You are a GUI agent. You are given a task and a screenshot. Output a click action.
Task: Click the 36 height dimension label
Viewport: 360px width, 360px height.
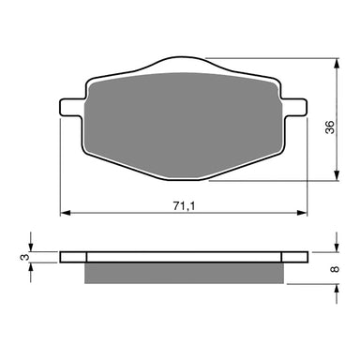(345, 127)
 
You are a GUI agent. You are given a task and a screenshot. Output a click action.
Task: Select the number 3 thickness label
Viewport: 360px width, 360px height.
(22, 256)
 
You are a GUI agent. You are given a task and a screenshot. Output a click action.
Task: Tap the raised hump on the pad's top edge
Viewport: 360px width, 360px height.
(184, 66)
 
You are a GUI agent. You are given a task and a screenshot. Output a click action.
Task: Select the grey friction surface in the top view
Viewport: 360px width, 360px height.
(184, 122)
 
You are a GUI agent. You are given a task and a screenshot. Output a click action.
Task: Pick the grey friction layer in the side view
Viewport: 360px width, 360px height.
(184, 272)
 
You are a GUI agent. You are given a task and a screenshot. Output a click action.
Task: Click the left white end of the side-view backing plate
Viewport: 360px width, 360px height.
(72, 256)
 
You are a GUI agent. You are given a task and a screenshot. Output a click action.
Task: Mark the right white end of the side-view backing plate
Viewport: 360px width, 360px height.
(293, 256)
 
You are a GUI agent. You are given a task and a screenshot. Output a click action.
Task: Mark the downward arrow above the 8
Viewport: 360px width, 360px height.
(335, 247)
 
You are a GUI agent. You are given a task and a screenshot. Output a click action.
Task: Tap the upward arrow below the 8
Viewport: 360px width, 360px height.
(335, 287)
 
